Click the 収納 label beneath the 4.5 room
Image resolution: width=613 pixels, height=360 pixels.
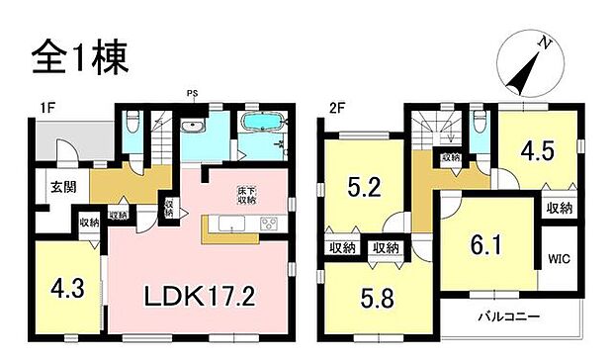point(559,208)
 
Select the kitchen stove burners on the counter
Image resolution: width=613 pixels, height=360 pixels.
point(269,225)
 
